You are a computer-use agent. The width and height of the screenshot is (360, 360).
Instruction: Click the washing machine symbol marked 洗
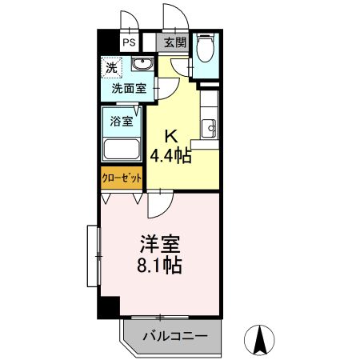click(112, 68)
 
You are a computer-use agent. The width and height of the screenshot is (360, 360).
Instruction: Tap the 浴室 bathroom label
click(119, 123)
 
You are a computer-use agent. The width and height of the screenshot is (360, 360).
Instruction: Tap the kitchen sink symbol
click(209, 126)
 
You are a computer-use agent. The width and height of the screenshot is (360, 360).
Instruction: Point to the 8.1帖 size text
click(158, 266)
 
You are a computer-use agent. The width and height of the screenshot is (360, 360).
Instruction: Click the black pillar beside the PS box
click(107, 42)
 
